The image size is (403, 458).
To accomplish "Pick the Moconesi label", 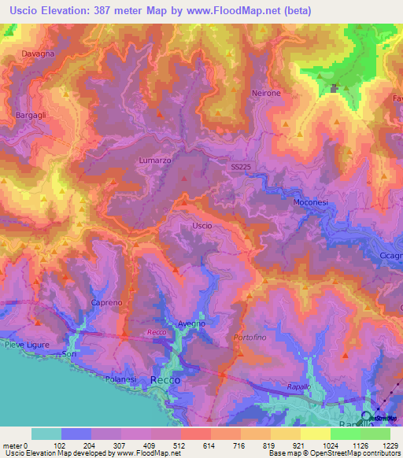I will point(309,202).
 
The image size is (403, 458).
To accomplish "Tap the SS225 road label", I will point(243,167).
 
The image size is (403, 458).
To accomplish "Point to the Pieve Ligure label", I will point(28,345).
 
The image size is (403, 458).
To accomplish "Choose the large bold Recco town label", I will point(165,379).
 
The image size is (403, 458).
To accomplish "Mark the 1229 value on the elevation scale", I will point(386,445).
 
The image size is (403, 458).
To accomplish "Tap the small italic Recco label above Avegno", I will point(155,334).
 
